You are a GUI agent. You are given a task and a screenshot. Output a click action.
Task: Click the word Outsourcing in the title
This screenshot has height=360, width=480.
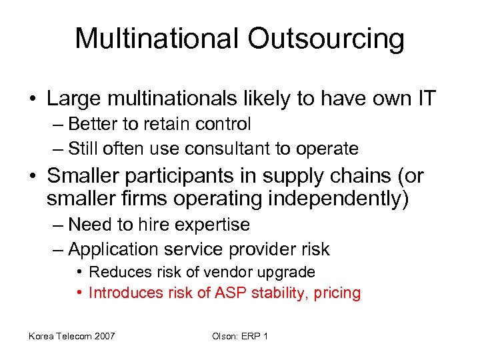[x=326, y=39]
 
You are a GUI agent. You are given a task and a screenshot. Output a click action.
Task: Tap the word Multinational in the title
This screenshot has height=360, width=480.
[x=156, y=39]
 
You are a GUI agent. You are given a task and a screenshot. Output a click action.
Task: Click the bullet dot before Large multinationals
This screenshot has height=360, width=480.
[x=33, y=100]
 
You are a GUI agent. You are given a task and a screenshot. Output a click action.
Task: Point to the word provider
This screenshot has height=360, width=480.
[x=260, y=249]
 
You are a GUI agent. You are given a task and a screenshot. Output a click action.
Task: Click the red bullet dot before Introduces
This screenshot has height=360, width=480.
[x=79, y=293]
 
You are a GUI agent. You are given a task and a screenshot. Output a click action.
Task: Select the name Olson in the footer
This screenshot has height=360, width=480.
[x=225, y=336]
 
